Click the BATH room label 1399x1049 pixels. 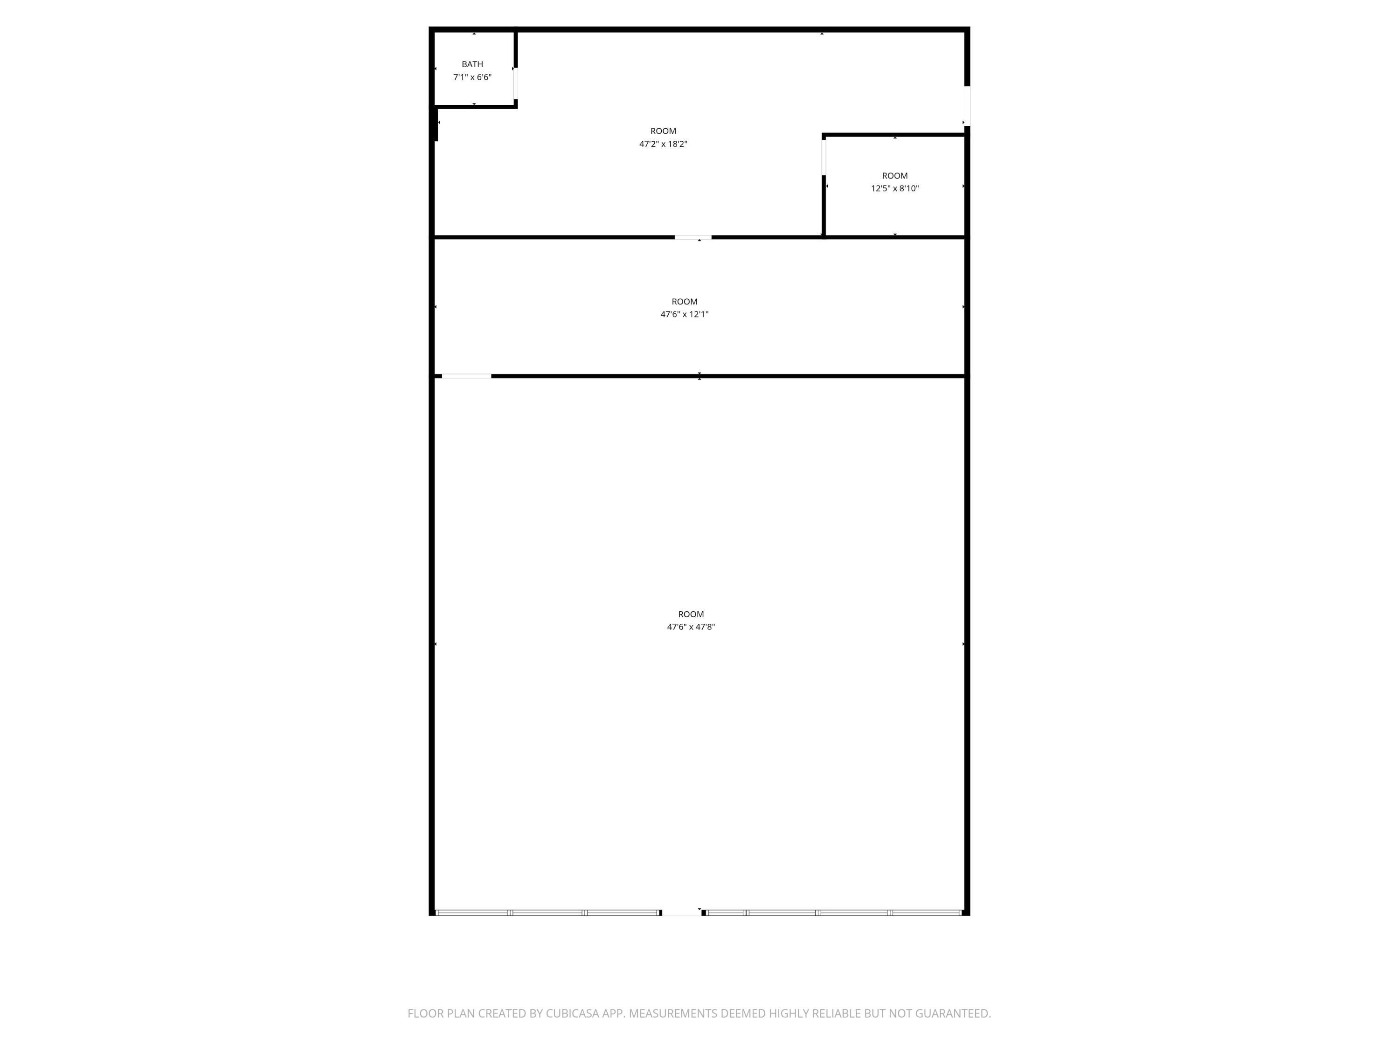click(x=472, y=64)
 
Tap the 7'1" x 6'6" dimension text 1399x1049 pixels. click(x=472, y=77)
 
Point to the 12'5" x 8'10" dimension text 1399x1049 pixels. click(x=894, y=188)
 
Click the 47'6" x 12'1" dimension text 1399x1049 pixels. click(x=684, y=314)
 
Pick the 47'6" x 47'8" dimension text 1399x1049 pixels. click(x=691, y=627)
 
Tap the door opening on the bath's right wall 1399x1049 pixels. click(x=515, y=83)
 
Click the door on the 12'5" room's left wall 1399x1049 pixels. click(x=824, y=157)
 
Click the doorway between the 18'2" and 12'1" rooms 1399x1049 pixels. click(x=693, y=238)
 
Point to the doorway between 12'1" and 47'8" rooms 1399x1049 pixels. click(x=466, y=376)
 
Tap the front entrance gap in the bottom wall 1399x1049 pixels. click(x=681, y=912)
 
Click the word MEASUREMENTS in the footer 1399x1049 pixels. click(x=673, y=1014)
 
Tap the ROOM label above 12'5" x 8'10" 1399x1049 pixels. click(x=894, y=176)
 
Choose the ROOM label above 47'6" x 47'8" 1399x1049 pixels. click(x=691, y=614)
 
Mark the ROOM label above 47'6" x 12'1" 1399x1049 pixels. click(x=684, y=302)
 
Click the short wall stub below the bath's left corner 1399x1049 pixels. click(x=436, y=124)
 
